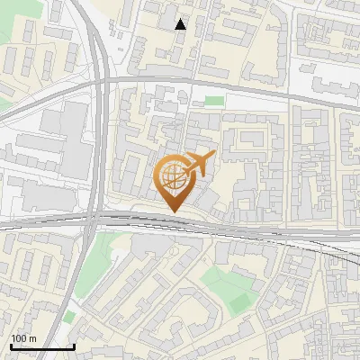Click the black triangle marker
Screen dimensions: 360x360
181,24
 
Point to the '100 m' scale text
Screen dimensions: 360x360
23,338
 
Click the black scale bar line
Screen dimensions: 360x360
41,346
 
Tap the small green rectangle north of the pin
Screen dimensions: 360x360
213,101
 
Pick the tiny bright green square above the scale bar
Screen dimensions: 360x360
69,317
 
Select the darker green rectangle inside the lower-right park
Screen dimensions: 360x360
238,304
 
